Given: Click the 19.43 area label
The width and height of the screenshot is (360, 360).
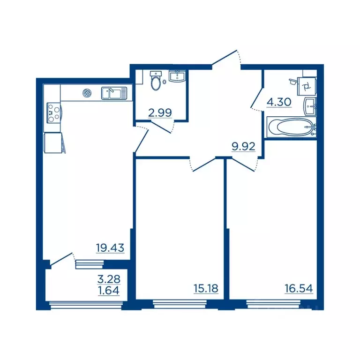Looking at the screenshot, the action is coord(110,247).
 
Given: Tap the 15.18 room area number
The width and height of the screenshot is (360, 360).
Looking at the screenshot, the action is coord(206,288).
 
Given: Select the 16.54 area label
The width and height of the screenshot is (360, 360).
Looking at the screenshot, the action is coord(299,288).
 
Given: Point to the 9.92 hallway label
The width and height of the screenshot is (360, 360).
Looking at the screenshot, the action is coord(243,146).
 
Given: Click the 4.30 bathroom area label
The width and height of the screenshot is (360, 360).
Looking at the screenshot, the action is coord(279,102).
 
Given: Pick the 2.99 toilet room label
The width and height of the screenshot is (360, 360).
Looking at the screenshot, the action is coord(160,112).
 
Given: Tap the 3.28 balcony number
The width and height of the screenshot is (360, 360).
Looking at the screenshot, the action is coord(109,279).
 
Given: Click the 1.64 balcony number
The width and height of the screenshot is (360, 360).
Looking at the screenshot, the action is coord(109,291).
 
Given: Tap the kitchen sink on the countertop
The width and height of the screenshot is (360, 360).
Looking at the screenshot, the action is coord(114,93).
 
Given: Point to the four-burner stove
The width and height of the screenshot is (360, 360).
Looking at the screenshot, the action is coord(54,112).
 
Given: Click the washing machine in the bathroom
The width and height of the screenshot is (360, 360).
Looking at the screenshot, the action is coord(307,86).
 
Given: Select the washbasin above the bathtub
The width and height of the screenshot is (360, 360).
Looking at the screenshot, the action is coord(310,106).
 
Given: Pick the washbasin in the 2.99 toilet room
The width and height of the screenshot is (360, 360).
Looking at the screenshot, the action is coord(177,76).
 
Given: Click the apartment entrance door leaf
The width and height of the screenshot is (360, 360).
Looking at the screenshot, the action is coord(224,57).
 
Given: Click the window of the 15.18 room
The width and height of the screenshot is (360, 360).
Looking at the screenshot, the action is coord(180,304).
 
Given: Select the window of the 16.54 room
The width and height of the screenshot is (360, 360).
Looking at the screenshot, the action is coord(273,304).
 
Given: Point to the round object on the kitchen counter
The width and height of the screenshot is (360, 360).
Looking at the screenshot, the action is coord(87,93).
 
